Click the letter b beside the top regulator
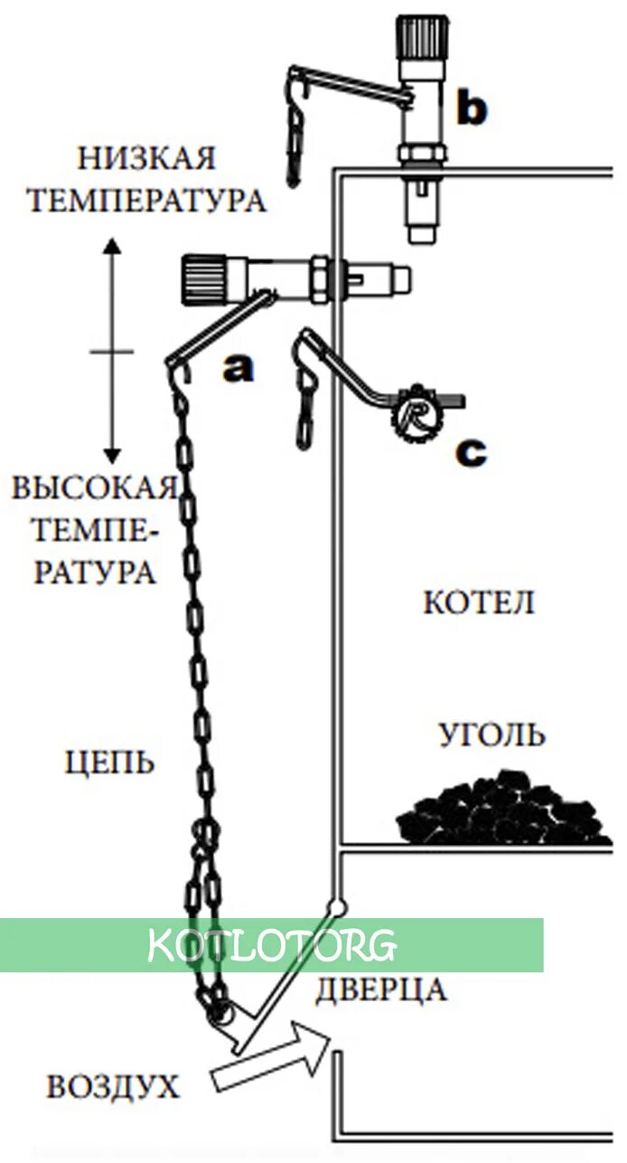(471, 108)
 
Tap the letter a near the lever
(239, 369)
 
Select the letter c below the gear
(470, 452)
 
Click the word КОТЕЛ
(478, 602)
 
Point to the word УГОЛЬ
(492, 735)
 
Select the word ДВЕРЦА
(380, 989)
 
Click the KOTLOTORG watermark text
(271, 945)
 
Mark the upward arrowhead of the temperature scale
(111, 247)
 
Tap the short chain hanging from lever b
(295, 131)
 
